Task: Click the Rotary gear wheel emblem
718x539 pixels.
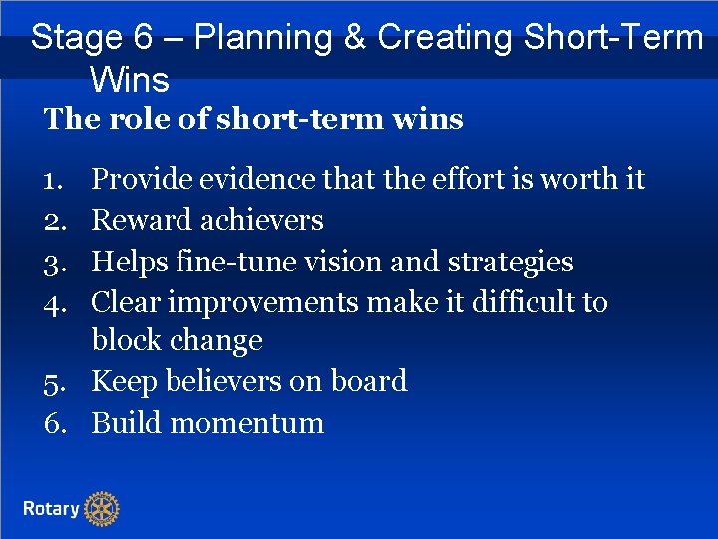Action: (x=101, y=509)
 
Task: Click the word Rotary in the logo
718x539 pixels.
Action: (x=51, y=509)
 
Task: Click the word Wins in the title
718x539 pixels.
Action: (x=129, y=78)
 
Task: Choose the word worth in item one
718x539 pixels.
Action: (x=579, y=180)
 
